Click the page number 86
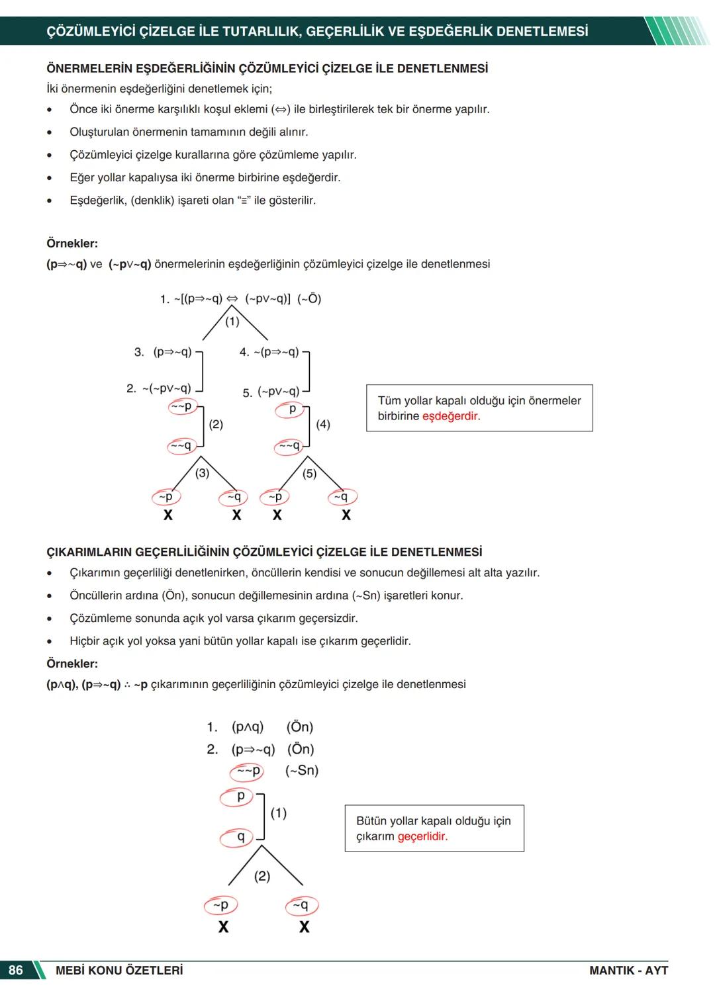tap(15, 970)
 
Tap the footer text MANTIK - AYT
tap(628, 970)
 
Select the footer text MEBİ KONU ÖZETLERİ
tap(119, 970)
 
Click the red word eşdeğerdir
tap(451, 416)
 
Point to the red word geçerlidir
tap(422, 836)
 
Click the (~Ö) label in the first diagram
tap(309, 298)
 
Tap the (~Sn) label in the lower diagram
tap(302, 770)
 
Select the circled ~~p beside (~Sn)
tap(248, 771)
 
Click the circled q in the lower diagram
tap(240, 838)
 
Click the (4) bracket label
tap(323, 424)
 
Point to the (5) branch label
tap(309, 473)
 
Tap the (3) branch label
tap(202, 472)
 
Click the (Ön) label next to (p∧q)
tap(300, 726)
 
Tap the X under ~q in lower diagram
tap(304, 927)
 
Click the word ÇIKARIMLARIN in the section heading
tap(89, 552)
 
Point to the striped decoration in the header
tap(675, 31)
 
